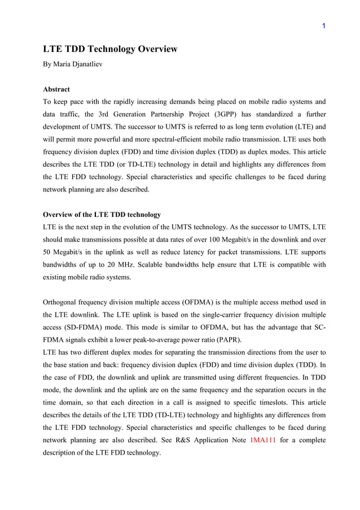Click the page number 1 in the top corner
tap(324, 26)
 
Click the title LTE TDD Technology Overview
tap(111, 49)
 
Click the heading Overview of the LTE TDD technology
tap(102, 215)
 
